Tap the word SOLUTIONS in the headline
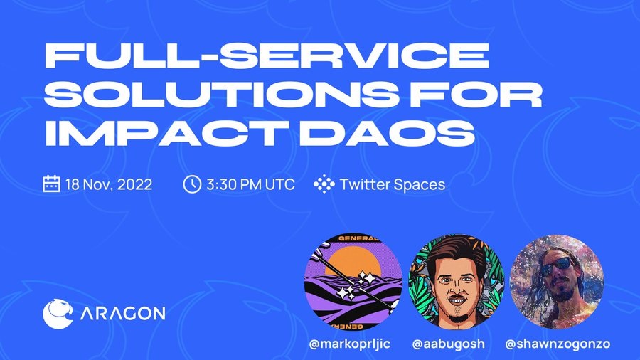tap(220, 94)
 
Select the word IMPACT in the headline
tap(169, 132)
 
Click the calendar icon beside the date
tap(51, 184)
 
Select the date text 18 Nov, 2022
tap(109, 184)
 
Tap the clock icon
tap(192, 184)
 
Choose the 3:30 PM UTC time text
tap(250, 184)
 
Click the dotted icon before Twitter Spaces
tap(324, 184)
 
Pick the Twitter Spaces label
tap(393, 184)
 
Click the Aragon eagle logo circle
tap(58, 314)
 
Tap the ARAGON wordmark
tap(122, 314)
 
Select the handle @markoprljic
tap(350, 344)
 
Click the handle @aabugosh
tap(449, 344)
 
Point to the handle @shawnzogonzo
tap(558, 344)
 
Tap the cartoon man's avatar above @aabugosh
tap(457, 282)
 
